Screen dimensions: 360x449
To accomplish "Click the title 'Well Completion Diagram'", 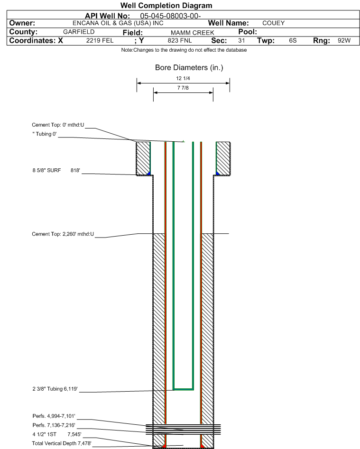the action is [x=166, y=5].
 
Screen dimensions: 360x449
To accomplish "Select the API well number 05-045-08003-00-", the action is [x=170, y=16].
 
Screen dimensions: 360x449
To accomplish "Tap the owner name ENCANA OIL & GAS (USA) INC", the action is [x=118, y=23].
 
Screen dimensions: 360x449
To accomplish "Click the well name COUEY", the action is [x=274, y=23].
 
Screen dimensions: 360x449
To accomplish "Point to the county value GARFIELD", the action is [x=79, y=32].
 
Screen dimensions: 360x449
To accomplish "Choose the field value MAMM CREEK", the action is [x=193, y=33].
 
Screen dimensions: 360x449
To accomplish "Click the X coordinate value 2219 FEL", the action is [x=100, y=40].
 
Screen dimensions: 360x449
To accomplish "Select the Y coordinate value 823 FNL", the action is [x=180, y=40].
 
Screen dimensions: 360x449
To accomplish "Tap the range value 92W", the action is [x=344, y=40].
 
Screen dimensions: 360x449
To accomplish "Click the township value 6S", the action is [x=293, y=40].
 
